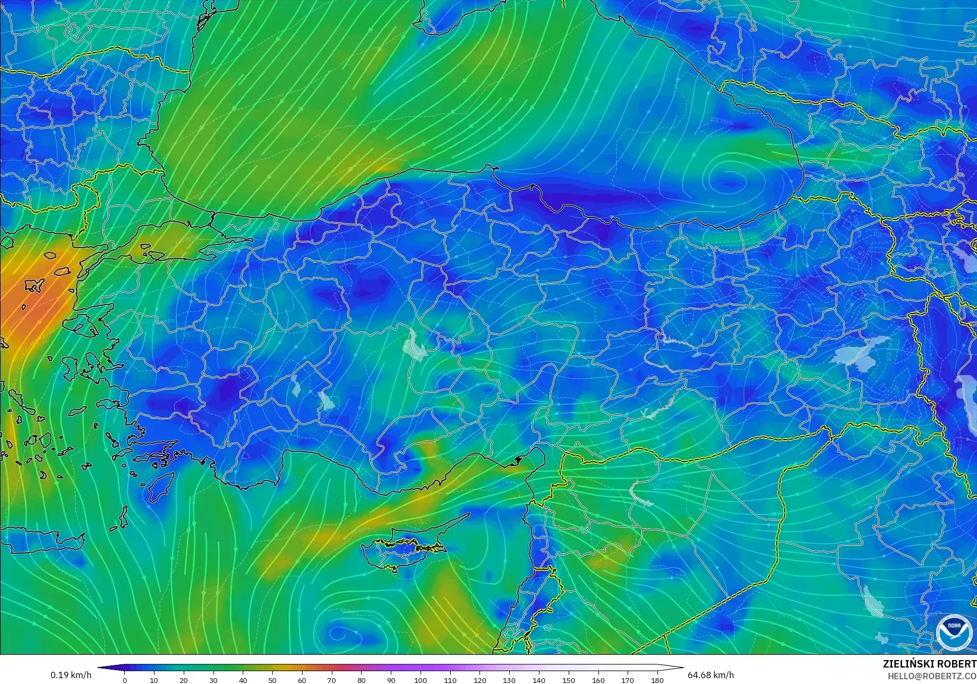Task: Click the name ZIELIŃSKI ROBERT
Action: point(929,664)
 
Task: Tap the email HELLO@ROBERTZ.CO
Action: point(932,675)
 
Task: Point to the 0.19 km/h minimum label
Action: point(71,675)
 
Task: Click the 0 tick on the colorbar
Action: point(125,680)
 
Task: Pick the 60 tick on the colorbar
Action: point(302,680)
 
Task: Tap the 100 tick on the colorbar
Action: point(421,680)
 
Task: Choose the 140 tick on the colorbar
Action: point(539,680)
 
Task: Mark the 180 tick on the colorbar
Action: point(657,680)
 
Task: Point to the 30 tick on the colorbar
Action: point(213,680)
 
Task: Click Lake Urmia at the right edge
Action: point(967,396)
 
